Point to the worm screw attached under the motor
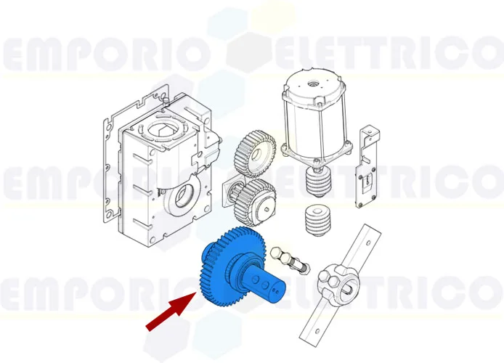pos(317,179)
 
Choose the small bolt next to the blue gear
pos(288,257)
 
